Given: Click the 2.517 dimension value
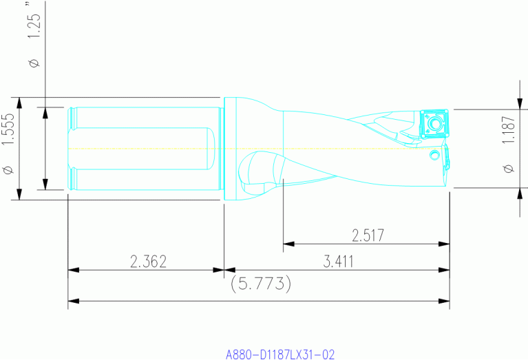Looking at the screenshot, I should click(368, 235).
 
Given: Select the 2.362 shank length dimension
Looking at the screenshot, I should click(147, 262).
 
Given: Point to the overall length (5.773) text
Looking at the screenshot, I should click(260, 282).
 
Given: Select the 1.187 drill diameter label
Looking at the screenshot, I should click(508, 129).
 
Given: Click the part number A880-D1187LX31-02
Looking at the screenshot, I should click(280, 354).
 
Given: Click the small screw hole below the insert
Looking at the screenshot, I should click(434, 155).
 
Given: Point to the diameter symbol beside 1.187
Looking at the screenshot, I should click(508, 168).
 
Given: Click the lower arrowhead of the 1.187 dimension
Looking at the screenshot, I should click(517, 192).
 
